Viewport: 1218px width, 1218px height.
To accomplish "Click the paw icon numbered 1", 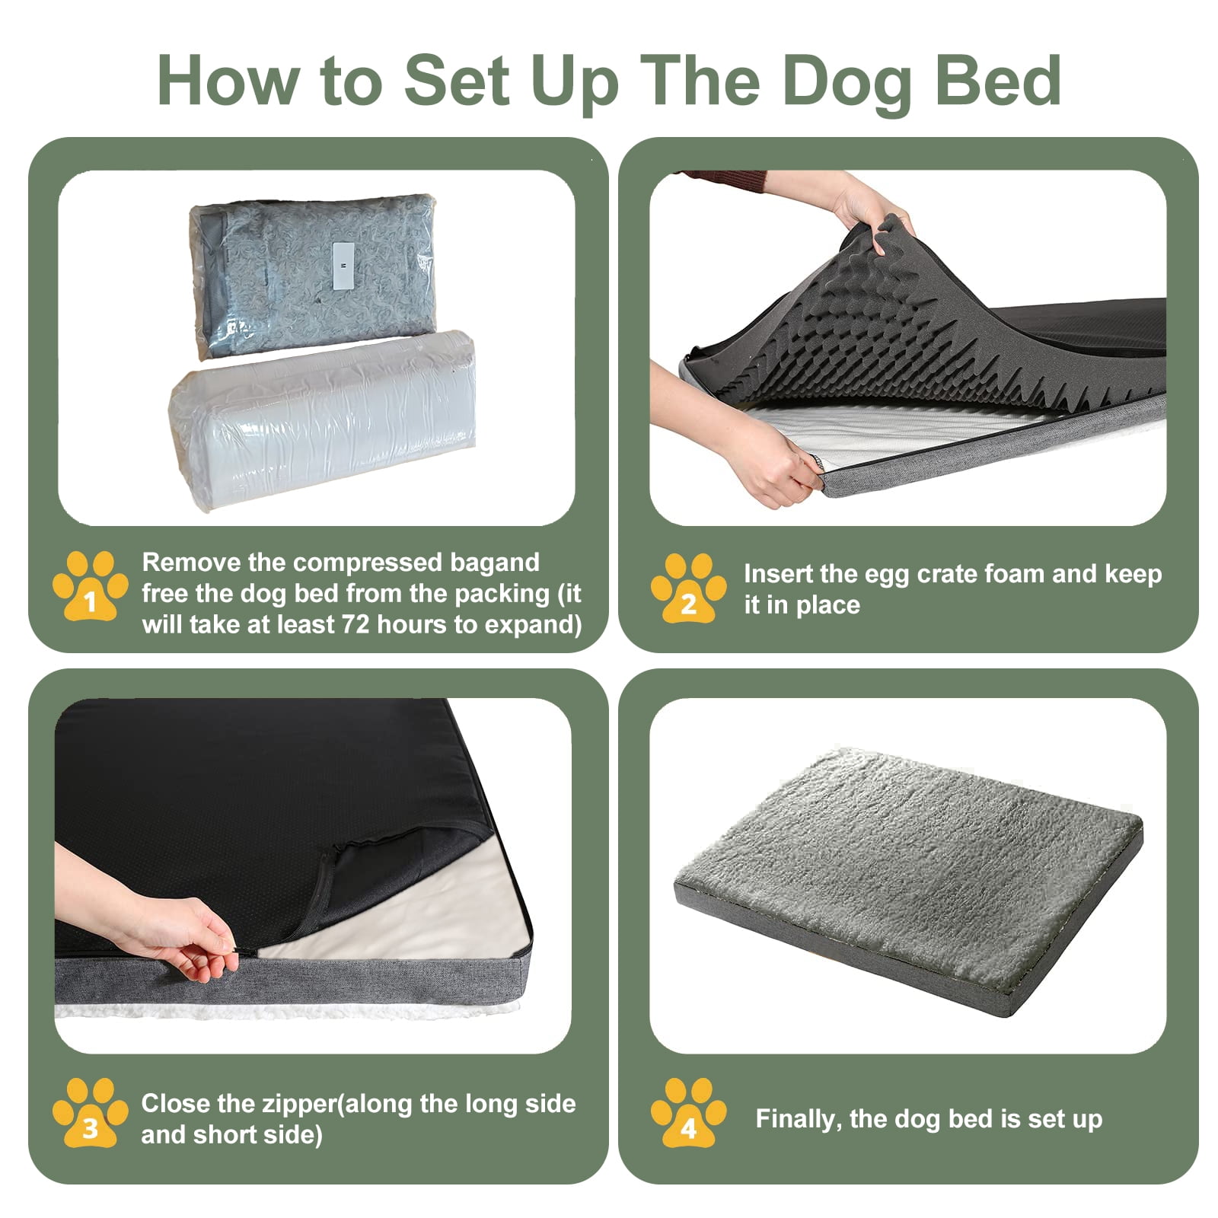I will (90, 587).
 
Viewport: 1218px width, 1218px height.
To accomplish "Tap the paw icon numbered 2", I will (688, 588).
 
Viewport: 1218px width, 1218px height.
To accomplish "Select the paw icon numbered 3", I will (90, 1112).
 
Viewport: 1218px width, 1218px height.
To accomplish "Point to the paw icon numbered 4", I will (688, 1112).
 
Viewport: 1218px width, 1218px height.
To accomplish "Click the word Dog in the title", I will (846, 82).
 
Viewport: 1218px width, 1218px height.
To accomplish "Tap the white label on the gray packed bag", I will (343, 265).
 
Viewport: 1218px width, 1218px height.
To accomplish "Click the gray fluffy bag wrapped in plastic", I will (312, 274).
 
